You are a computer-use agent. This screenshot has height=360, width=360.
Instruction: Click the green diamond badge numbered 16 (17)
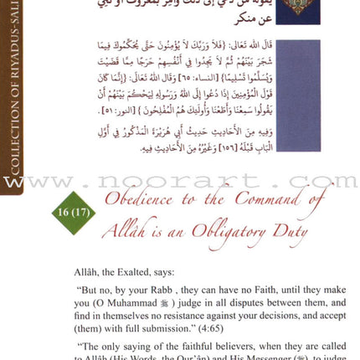tap(74, 213)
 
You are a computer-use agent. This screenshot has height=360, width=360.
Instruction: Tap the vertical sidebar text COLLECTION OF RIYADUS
tap(14, 100)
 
